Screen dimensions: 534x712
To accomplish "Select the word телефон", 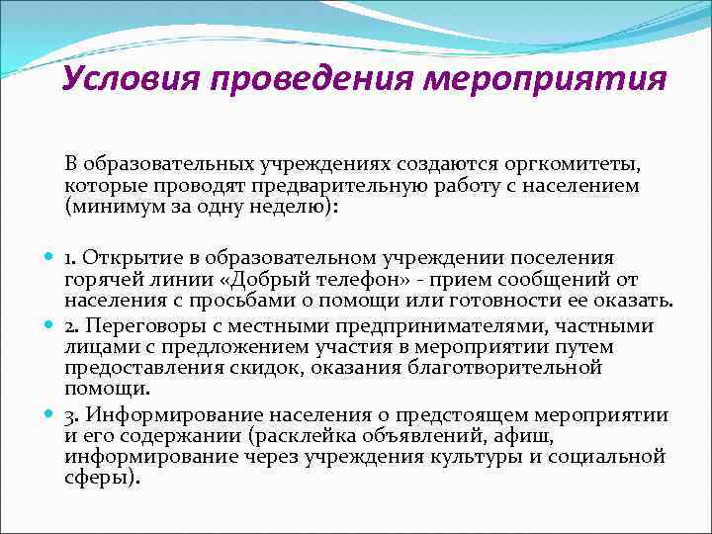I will [x=376, y=280].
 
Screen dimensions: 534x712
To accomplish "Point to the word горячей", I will [x=103, y=280].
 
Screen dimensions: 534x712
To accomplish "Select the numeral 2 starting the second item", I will [x=70, y=325].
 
